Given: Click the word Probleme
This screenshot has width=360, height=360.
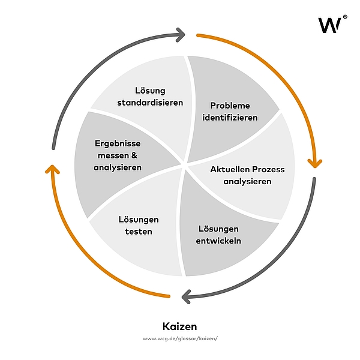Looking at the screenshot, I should click(x=230, y=106).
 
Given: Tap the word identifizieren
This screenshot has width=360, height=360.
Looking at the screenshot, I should click(x=230, y=117).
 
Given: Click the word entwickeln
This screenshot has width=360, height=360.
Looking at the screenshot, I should click(x=219, y=241).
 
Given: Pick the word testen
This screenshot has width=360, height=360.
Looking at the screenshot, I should click(x=139, y=231).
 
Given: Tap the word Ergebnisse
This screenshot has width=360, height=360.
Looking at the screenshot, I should click(x=118, y=144).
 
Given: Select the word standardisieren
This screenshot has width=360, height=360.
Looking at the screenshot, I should click(x=150, y=102).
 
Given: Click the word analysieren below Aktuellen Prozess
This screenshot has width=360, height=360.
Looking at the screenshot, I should click(x=247, y=181).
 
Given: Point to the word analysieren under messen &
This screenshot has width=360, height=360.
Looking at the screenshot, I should click(x=118, y=167).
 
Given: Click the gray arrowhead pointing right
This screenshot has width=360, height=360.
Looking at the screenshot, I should click(x=179, y=34).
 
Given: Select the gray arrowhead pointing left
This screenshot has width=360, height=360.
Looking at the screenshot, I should click(x=187, y=295).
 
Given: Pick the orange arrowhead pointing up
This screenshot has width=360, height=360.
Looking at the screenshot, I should click(x=53, y=170).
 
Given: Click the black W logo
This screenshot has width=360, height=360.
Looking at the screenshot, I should click(x=329, y=25).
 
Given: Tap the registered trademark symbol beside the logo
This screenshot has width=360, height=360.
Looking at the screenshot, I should click(x=344, y=17).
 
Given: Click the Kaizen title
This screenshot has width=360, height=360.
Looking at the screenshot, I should click(x=180, y=326).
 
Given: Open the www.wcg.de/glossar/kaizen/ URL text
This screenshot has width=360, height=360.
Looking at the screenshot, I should click(x=180, y=339).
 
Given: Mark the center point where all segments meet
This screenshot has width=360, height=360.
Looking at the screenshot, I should click(x=185, y=163).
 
